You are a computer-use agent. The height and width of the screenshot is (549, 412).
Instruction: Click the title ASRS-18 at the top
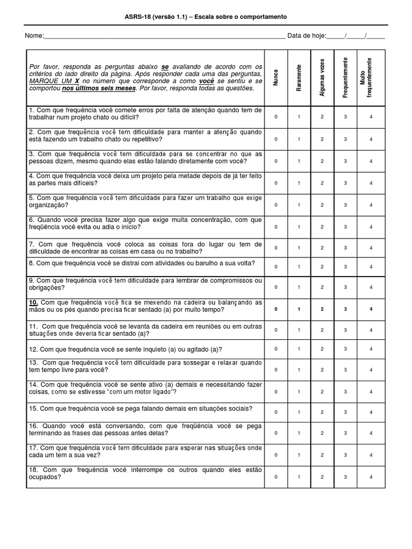(x=206, y=17)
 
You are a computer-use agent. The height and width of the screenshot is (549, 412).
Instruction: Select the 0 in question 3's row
(x=276, y=161)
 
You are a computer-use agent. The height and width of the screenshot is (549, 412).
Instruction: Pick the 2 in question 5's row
(x=322, y=205)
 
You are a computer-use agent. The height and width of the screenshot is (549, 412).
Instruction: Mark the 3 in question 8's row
(x=345, y=266)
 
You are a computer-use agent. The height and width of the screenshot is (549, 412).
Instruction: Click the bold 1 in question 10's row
(x=299, y=309)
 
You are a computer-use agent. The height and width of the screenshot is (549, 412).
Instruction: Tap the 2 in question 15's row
(x=322, y=412)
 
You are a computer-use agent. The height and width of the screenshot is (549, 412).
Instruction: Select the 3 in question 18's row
(x=345, y=477)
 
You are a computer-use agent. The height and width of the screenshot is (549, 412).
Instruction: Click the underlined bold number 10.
(x=34, y=302)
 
